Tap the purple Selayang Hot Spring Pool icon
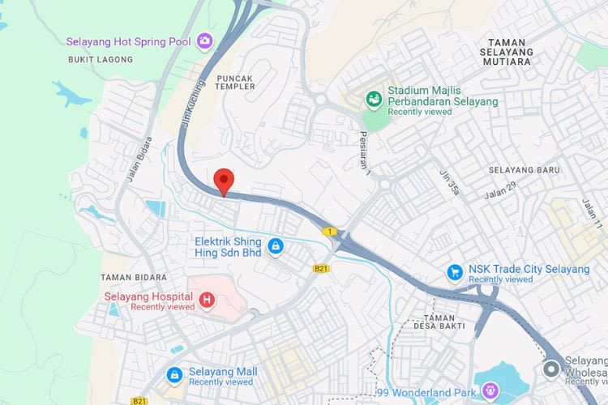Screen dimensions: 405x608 (x=204, y=39)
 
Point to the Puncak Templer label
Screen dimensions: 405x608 (x=235, y=83)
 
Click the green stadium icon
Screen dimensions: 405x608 (x=374, y=100)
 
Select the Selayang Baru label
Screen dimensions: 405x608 (x=525, y=170)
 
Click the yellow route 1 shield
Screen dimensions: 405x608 (x=330, y=232)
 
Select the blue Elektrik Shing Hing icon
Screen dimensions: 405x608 (x=276, y=245)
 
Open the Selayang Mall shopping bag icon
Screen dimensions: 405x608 (x=174, y=375)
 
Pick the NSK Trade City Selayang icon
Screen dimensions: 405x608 (x=454, y=273)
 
